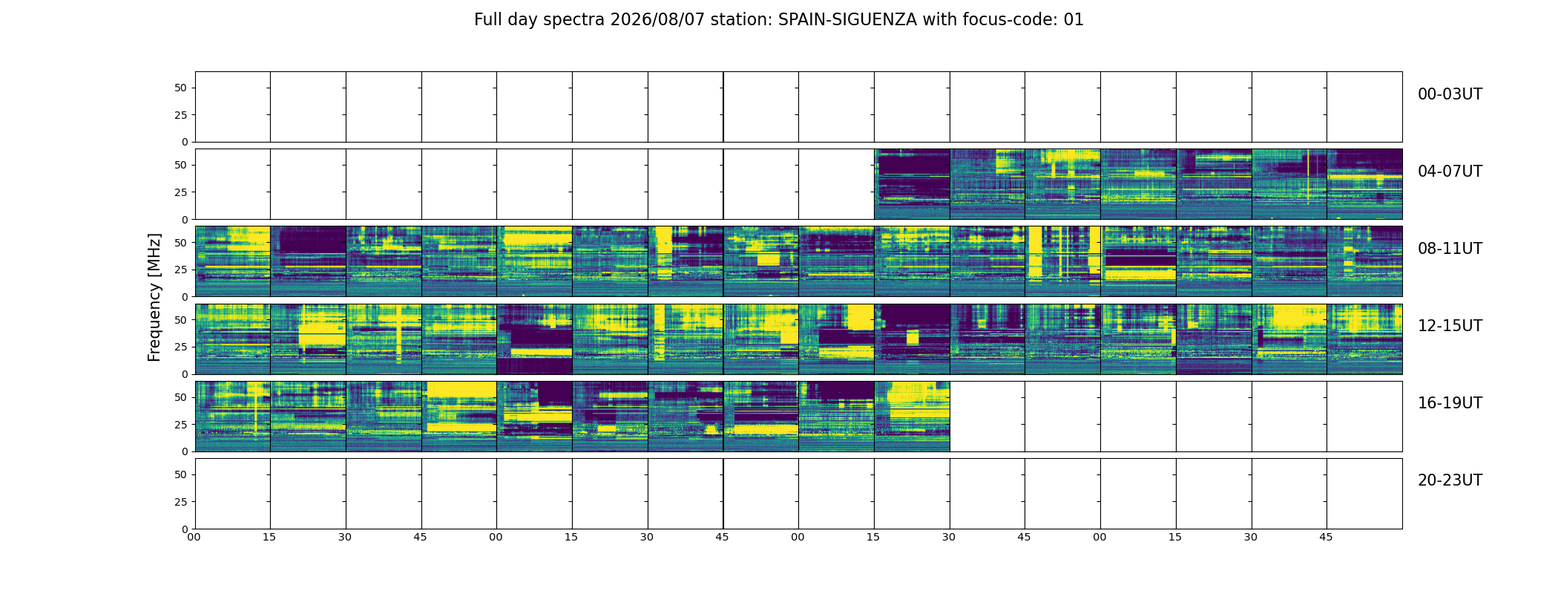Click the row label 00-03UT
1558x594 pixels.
[x=1450, y=94]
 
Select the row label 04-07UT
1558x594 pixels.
[x=1450, y=172]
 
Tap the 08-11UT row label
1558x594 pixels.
[x=1450, y=249]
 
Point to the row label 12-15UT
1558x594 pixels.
[x=1450, y=326]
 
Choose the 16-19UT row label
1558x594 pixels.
[x=1450, y=403]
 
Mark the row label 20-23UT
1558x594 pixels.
[x=1450, y=480]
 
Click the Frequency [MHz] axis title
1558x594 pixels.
[x=154, y=297]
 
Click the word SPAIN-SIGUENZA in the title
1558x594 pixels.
[x=847, y=20]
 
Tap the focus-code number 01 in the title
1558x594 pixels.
[x=1074, y=20]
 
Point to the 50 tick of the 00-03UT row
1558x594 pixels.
[x=181, y=88]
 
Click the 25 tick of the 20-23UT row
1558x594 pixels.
[x=181, y=502]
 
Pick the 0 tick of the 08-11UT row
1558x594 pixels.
[x=185, y=297]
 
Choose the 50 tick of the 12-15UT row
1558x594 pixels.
[x=181, y=319]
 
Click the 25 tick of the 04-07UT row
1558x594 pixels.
[x=181, y=192]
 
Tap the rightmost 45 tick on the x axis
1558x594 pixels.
[x=1326, y=537]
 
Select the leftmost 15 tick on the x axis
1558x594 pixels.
[x=269, y=537]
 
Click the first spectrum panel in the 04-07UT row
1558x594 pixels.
[x=912, y=184]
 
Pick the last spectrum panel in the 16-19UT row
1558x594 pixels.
[x=912, y=417]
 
